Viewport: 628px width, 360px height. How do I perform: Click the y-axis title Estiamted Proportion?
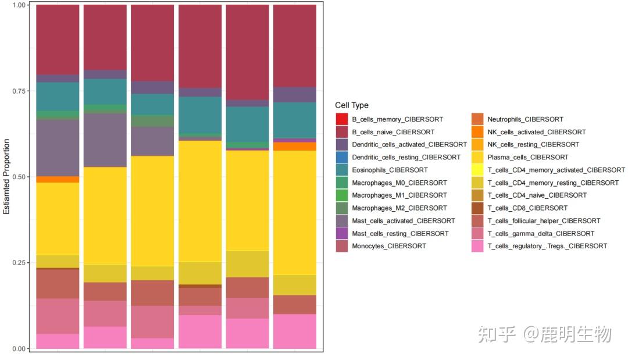[x=7, y=176]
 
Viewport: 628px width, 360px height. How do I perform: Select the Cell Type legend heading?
[x=352, y=105]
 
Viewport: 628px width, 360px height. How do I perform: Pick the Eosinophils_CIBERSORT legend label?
[x=390, y=170]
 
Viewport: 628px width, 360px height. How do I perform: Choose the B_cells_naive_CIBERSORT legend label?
[x=393, y=132]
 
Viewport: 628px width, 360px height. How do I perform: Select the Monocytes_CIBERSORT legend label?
[x=388, y=246]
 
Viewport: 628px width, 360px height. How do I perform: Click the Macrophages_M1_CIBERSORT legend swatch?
[x=341, y=195]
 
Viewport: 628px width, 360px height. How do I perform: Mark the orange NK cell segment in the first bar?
[x=58, y=179]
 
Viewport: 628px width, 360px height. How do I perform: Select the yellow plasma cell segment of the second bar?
[x=105, y=215]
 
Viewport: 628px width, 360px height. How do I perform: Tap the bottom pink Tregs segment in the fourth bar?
[x=200, y=332]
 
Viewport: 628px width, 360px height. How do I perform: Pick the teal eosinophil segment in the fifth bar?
[x=247, y=124]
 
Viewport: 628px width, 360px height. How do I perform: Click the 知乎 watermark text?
[x=497, y=334]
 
